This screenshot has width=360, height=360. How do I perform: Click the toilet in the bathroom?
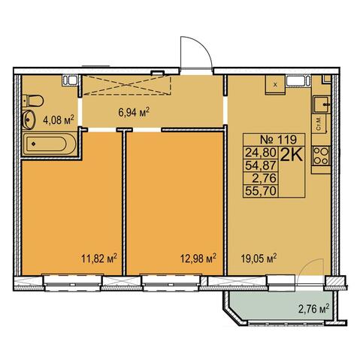(33, 101)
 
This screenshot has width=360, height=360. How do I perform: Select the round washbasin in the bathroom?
(29, 119)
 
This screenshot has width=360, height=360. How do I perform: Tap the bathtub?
(50, 144)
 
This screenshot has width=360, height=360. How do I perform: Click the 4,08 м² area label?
(59, 120)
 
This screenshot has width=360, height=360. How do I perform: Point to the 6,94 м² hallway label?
(134, 112)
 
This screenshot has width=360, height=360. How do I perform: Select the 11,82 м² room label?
(99, 258)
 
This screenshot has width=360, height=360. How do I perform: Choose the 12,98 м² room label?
(198, 258)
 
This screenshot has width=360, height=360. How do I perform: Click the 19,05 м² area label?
(259, 258)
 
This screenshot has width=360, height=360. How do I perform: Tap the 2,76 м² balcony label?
(313, 309)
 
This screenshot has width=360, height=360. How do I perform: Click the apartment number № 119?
(278, 139)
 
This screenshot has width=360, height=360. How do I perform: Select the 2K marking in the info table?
(292, 156)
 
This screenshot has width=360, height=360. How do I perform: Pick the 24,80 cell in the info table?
(261, 152)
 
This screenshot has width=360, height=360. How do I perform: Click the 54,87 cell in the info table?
(261, 165)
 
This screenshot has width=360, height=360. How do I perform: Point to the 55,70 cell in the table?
(261, 192)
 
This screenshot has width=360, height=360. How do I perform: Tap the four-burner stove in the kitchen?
(321, 156)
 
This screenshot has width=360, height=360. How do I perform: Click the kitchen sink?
(322, 104)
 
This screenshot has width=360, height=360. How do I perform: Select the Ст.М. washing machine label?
(319, 123)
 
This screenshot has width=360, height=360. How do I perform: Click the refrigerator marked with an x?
(275, 85)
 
